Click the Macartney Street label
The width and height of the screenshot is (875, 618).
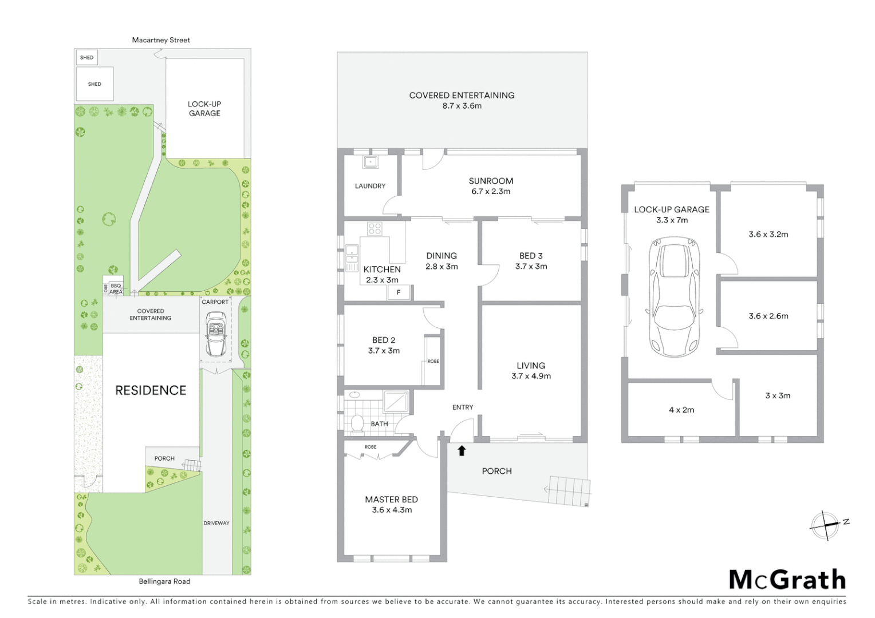tap(161, 40)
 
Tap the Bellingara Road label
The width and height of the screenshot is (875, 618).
tap(164, 581)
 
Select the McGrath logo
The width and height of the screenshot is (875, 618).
tap(787, 580)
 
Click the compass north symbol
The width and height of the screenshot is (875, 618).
tap(825, 524)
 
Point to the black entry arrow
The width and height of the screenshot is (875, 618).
tap(462, 451)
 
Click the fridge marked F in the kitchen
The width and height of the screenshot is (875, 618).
tap(399, 292)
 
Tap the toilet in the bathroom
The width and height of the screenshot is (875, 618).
tap(358, 423)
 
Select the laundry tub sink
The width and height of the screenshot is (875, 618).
tap(370, 161)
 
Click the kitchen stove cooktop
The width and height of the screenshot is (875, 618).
tap(375, 229)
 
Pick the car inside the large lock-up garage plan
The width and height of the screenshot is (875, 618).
tap(675, 298)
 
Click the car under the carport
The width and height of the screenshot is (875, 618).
tap(216, 334)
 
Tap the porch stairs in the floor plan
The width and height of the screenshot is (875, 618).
tap(569, 490)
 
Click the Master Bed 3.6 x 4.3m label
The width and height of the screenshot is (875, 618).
tap(392, 505)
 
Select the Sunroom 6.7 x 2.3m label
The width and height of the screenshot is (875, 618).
tap(491, 186)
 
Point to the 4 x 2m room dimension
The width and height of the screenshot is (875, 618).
tap(681, 410)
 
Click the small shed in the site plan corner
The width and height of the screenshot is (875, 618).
tap(86, 57)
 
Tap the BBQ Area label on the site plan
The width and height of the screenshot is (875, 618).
tap(116, 288)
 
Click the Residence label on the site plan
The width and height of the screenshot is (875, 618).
tap(151, 390)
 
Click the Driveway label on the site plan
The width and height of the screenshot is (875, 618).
tap(216, 523)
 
